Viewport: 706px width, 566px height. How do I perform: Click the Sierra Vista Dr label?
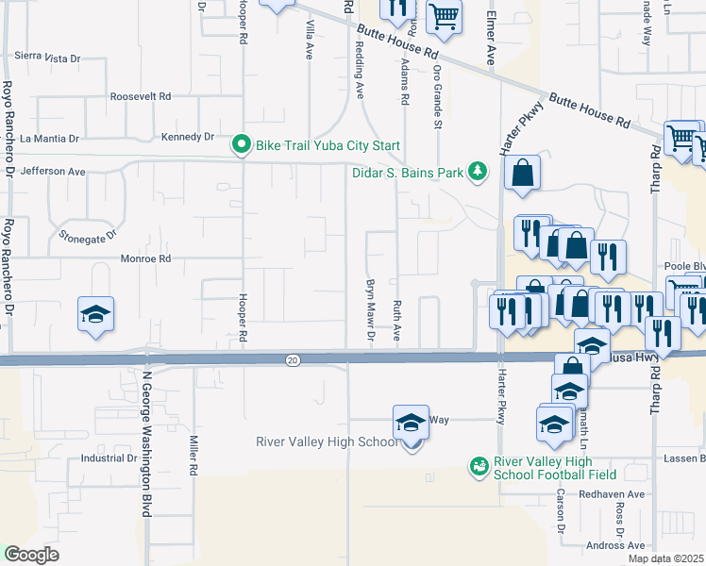click(47, 58)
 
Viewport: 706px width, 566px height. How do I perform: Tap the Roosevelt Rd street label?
click(141, 96)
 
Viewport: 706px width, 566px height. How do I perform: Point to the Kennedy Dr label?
click(188, 136)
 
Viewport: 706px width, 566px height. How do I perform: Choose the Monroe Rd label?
click(145, 258)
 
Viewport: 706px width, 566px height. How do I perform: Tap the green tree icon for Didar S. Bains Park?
click(479, 171)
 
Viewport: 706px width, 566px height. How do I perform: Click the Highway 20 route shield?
click(294, 358)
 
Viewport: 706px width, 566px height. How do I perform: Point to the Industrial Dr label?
click(109, 458)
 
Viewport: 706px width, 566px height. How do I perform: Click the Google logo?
click(32, 554)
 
